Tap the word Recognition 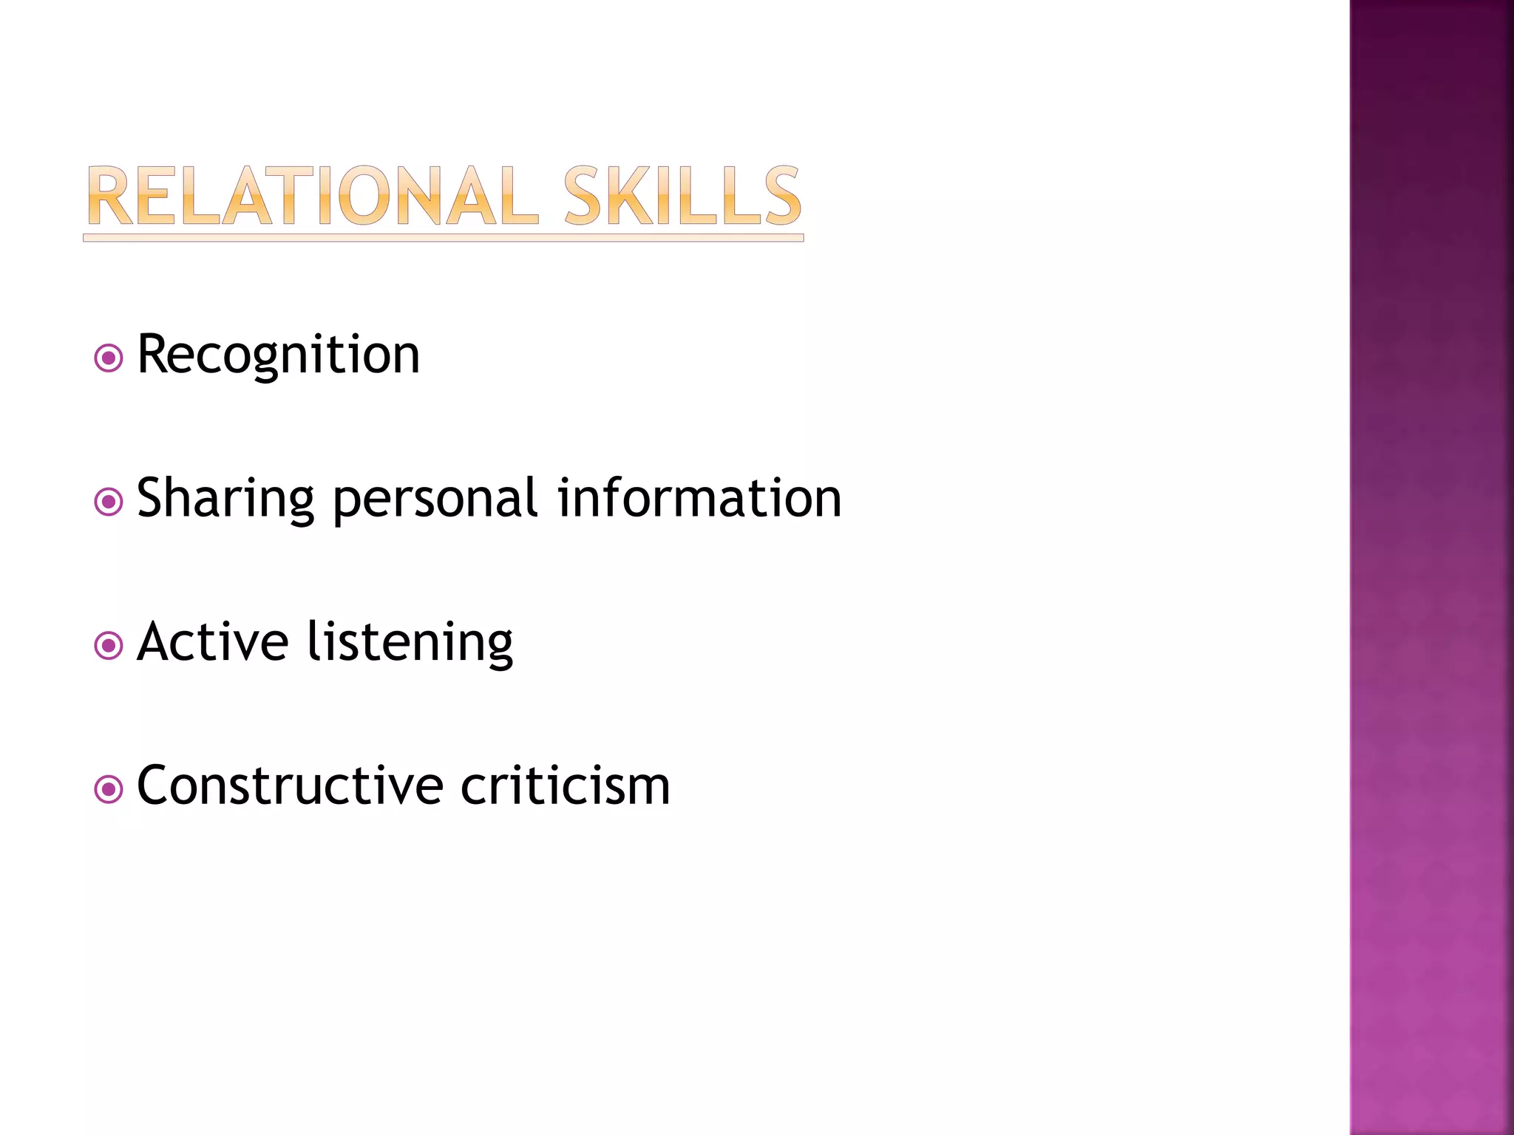tap(279, 355)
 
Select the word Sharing tap(225, 499)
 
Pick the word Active tap(213, 641)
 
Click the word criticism tap(566, 785)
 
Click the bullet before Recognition tap(109, 359)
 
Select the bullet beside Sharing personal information tap(109, 502)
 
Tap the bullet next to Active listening tap(109, 646)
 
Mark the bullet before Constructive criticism tap(109, 789)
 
